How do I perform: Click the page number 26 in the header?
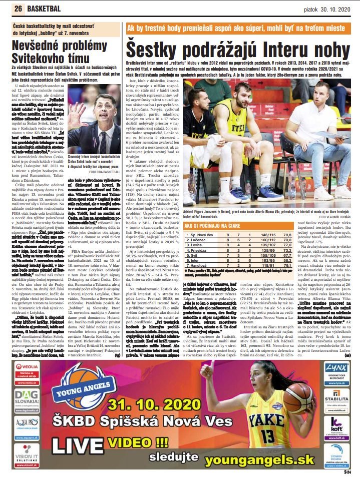19,9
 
